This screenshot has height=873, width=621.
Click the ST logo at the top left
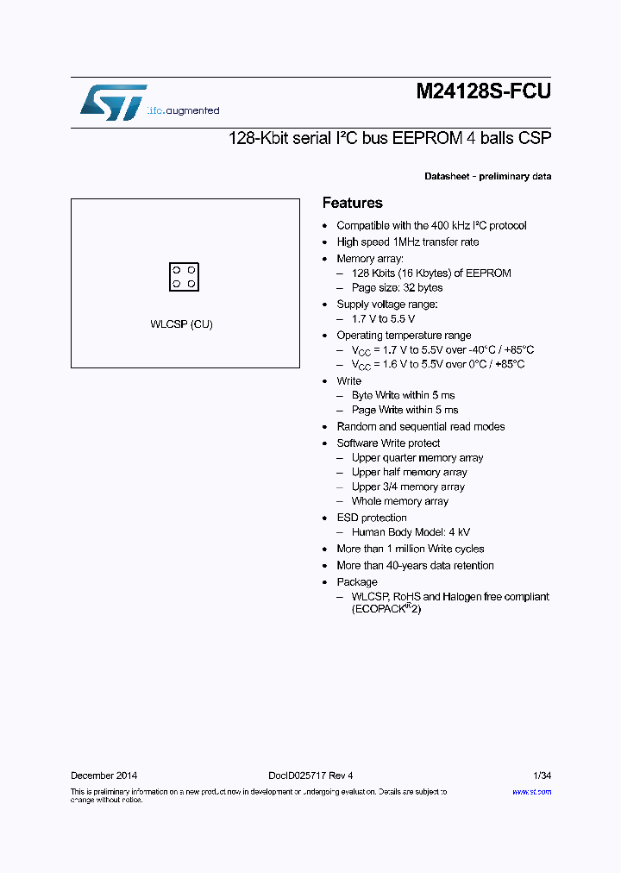[x=113, y=103]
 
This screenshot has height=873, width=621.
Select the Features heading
[x=352, y=203]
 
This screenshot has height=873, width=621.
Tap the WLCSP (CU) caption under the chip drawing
[x=181, y=324]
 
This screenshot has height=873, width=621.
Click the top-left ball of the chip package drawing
[x=177, y=270]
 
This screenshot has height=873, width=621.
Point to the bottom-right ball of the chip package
[x=191, y=284]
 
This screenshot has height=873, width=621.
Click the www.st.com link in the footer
[x=531, y=791]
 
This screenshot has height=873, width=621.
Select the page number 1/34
[x=543, y=776]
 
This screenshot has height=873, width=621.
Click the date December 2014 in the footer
[x=103, y=776]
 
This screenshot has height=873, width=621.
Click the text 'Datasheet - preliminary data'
[x=487, y=177]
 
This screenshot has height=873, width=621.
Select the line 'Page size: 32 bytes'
[x=397, y=288]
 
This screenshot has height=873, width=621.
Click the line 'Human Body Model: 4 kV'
[x=411, y=533]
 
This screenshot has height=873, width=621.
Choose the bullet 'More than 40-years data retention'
[x=415, y=566]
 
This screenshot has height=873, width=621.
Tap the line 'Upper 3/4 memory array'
[x=408, y=487]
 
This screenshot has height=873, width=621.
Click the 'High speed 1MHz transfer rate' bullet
[x=407, y=242]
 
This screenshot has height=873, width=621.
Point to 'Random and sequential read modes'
[x=420, y=427]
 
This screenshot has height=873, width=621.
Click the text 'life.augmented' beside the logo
[x=183, y=111]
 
